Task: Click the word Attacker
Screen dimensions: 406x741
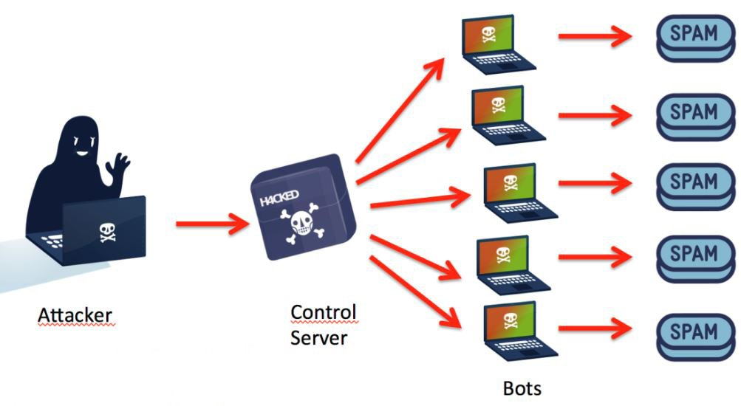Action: (x=75, y=316)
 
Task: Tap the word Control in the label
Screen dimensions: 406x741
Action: (x=324, y=312)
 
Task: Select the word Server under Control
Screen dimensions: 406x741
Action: (x=318, y=338)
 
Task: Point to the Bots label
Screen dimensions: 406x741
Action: (x=522, y=388)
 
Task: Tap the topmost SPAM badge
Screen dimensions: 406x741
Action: (x=694, y=38)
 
